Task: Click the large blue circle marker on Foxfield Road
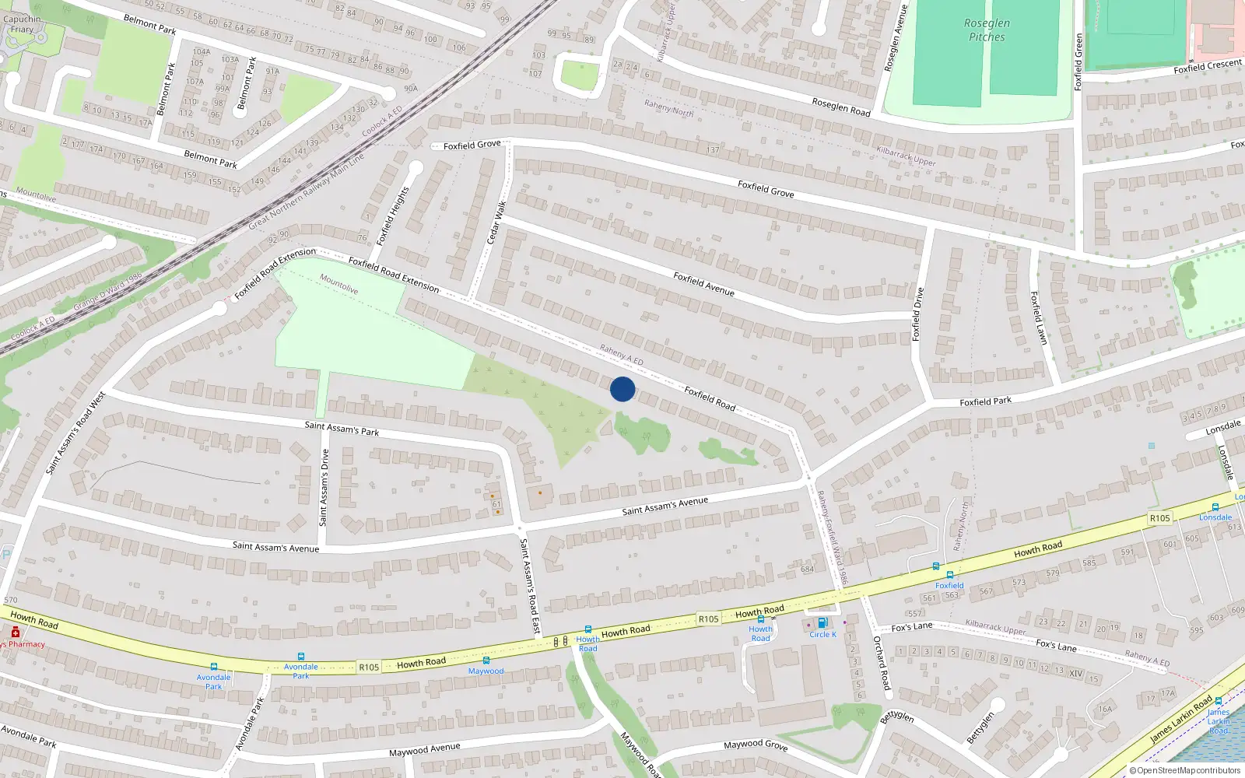622,389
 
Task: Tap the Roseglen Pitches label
987,30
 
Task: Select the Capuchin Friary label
22,24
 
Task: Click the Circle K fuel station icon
822,623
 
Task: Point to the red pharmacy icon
15,633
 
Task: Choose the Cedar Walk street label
496,223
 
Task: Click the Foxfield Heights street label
393,216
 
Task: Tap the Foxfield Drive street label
917,314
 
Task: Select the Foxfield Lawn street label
1039,317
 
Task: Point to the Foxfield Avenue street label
703,283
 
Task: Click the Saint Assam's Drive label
324,487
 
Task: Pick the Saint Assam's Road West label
75,433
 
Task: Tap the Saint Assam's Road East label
529,585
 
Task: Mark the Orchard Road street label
881,663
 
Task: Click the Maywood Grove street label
756,745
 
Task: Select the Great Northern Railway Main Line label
307,191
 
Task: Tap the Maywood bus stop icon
486,661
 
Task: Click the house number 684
807,569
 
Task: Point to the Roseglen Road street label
841,107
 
